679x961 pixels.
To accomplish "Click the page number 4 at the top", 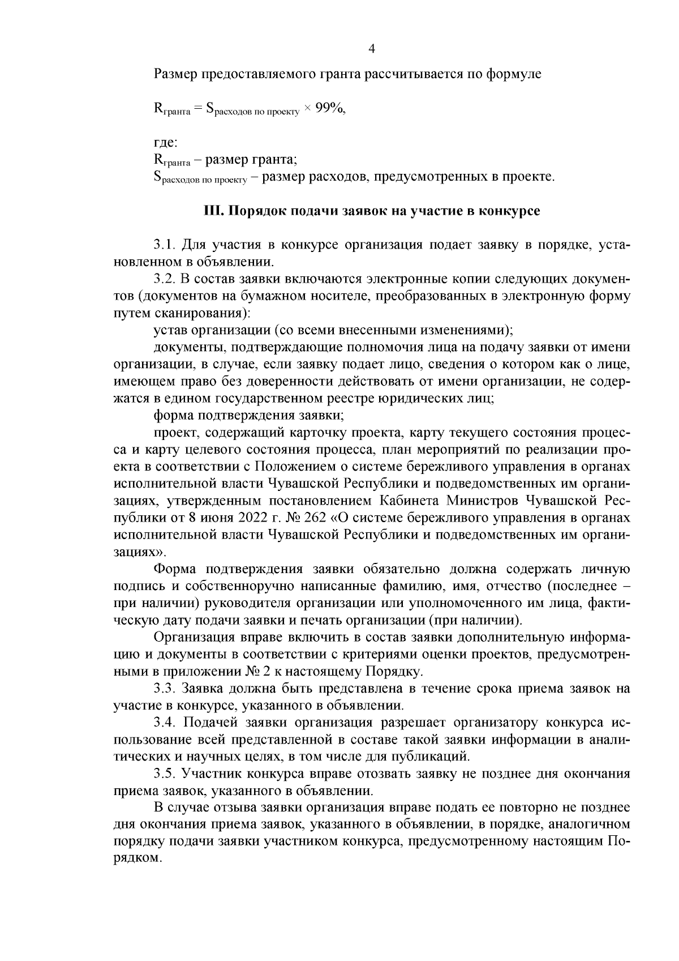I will (x=372, y=49).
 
